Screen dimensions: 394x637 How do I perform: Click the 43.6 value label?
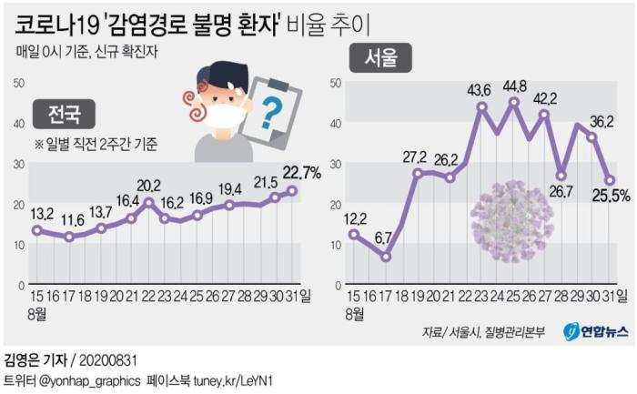480,89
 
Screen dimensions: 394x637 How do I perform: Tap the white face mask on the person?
217,117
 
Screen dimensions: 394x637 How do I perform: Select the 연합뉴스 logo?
595,332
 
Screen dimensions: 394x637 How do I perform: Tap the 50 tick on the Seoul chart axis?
336,83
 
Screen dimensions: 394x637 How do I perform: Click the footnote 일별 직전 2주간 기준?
96,144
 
